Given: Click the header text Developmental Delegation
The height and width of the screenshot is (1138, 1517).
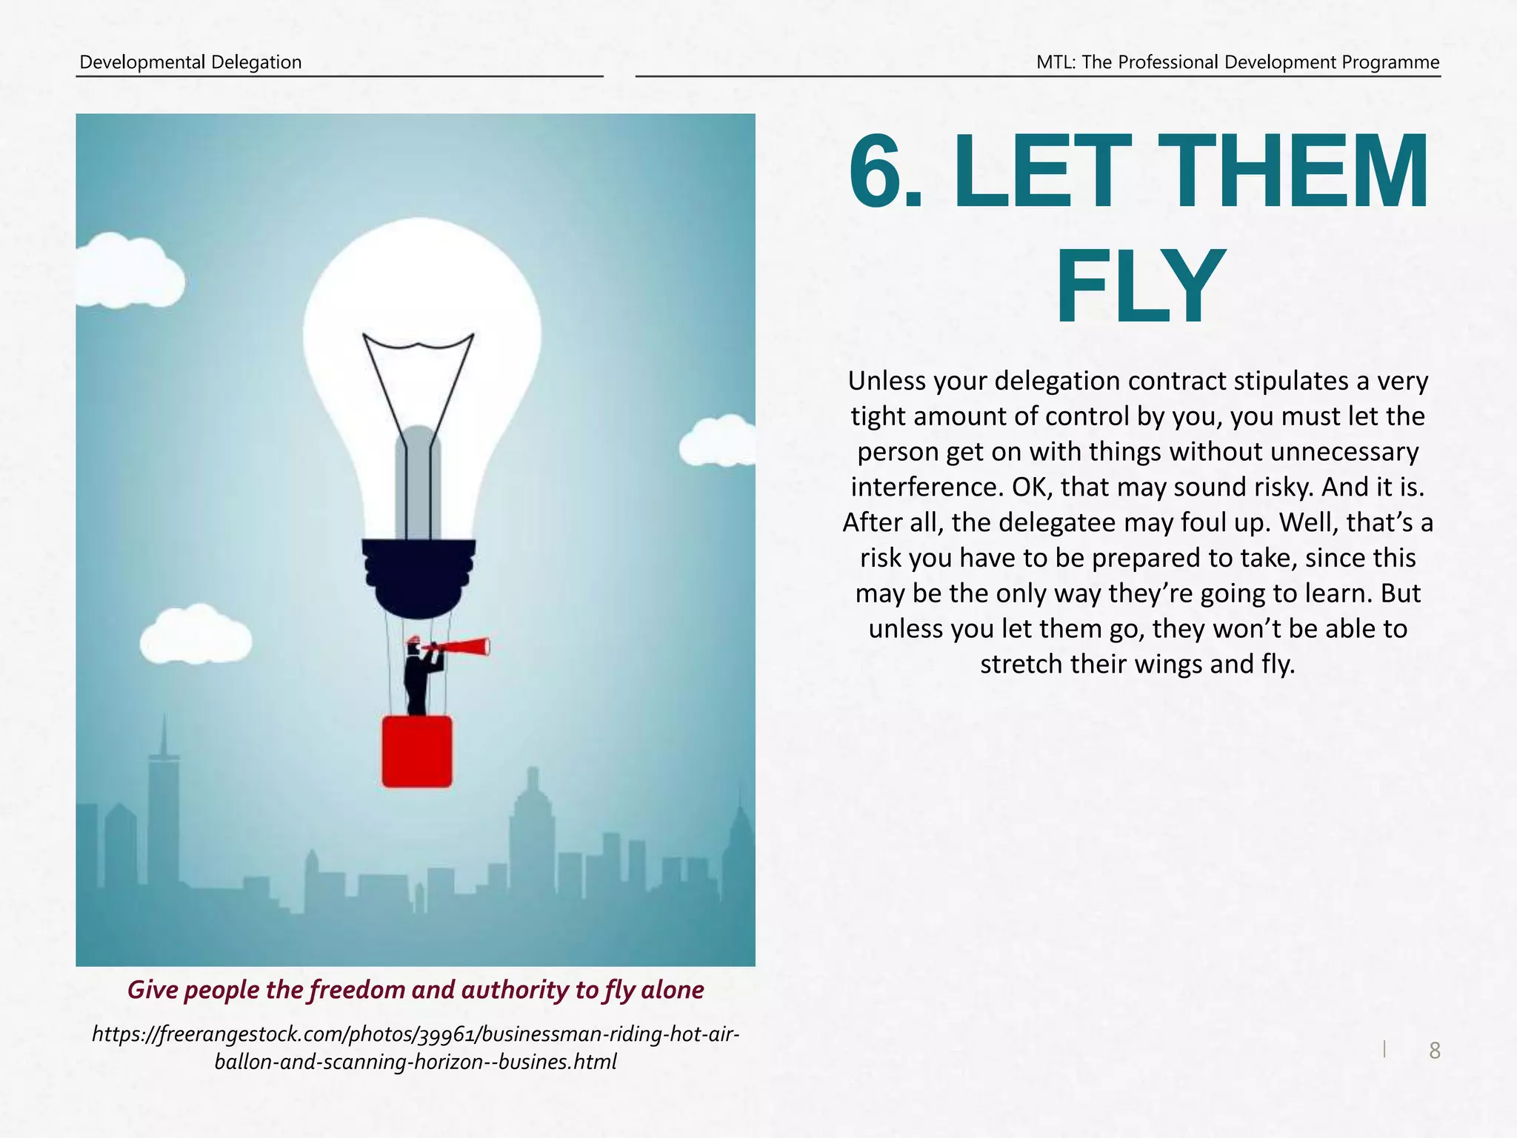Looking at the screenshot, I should pos(190,62).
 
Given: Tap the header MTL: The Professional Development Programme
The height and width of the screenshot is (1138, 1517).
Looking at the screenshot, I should pos(1238,62).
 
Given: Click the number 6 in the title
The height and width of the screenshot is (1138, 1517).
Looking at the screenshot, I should pos(878,173).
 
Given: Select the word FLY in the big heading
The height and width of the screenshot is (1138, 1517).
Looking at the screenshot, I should pos(1138,288).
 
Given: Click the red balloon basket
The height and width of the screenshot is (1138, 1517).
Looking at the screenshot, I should pos(417,751).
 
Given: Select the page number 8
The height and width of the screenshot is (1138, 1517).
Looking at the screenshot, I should pos(1434,1051).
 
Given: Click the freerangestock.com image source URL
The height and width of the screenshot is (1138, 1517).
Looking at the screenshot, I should pos(416,1048).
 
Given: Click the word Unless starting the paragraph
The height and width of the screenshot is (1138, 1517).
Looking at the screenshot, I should pos(887,382).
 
